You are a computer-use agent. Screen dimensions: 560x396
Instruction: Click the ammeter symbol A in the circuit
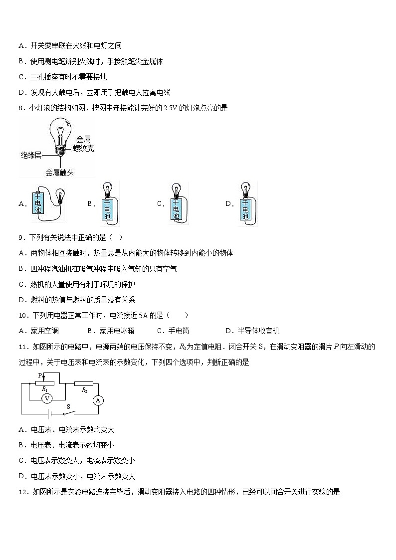[x=98, y=399]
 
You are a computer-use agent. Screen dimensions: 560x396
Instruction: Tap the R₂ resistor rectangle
[x=84, y=383]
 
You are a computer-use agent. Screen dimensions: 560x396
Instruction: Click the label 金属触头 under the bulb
[x=59, y=173]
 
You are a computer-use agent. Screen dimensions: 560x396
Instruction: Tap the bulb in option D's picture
[x=245, y=189]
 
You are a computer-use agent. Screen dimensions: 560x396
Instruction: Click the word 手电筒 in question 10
[x=179, y=331]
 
